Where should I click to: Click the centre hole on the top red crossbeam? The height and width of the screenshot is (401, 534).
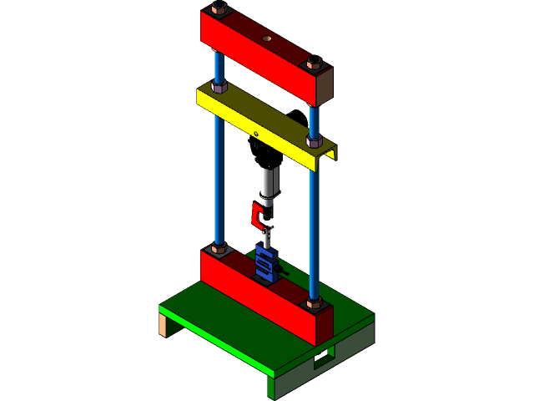click(x=266, y=38)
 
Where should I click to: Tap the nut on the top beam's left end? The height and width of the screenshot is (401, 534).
click(x=219, y=9)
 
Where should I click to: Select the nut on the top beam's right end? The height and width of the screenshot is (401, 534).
click(x=315, y=63)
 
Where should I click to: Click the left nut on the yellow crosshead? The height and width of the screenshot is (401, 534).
click(x=220, y=86)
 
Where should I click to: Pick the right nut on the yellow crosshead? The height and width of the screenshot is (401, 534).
click(x=315, y=141)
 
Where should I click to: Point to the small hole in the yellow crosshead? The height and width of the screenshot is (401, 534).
click(x=256, y=134)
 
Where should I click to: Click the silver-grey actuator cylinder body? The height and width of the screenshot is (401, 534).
click(x=268, y=180)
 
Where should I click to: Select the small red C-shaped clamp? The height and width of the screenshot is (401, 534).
click(x=258, y=216)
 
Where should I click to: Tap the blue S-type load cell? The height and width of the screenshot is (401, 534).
click(x=266, y=261)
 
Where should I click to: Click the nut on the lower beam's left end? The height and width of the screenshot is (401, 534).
click(x=220, y=248)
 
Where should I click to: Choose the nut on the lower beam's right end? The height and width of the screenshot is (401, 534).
click(x=314, y=302)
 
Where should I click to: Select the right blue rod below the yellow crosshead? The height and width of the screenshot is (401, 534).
click(x=315, y=226)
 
